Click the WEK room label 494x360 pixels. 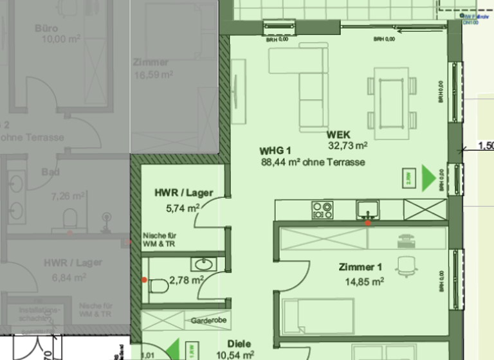pyautogui.click(x=338, y=135)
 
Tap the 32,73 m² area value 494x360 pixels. pyautogui.click(x=347, y=146)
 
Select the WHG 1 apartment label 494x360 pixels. pyautogui.click(x=271, y=151)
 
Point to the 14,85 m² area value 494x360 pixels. pyautogui.click(x=364, y=281)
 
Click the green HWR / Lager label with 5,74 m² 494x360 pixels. pyautogui.click(x=183, y=193)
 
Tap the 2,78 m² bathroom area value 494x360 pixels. pyautogui.click(x=186, y=280)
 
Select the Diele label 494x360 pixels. pyautogui.click(x=239, y=344)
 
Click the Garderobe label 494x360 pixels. pyautogui.click(x=206, y=320)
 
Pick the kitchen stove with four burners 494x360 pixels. pyautogui.click(x=322, y=209)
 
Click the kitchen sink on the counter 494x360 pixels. pyautogui.click(x=367, y=209)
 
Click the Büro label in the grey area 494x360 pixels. pyautogui.click(x=46, y=28)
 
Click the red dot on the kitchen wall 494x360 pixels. pyautogui.click(x=367, y=223)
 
